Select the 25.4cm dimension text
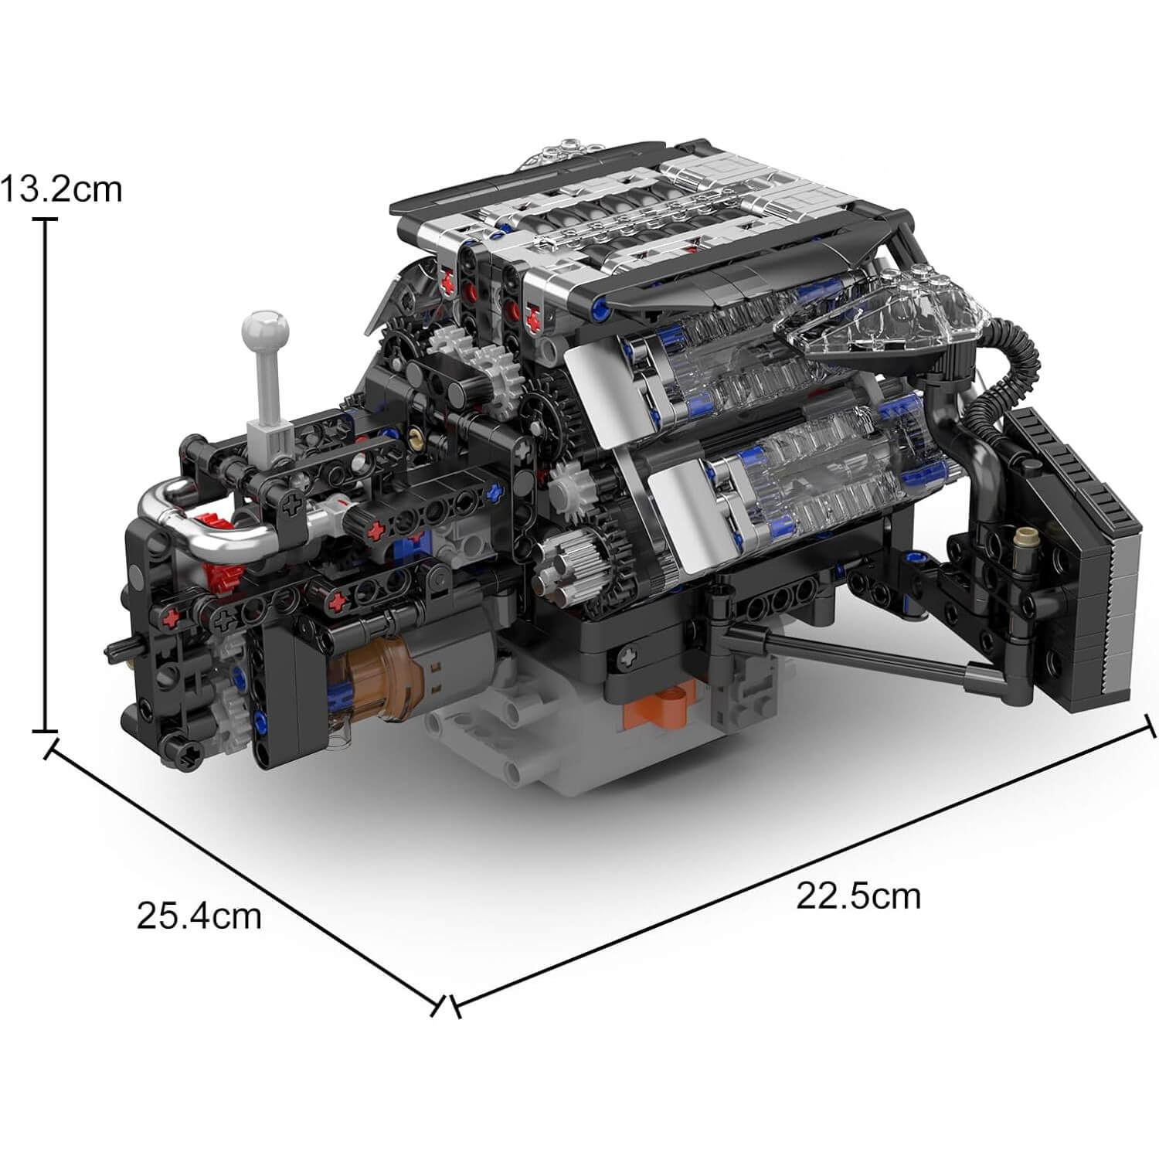point(199,916)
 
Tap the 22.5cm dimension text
point(858,896)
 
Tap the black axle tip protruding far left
point(116,644)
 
